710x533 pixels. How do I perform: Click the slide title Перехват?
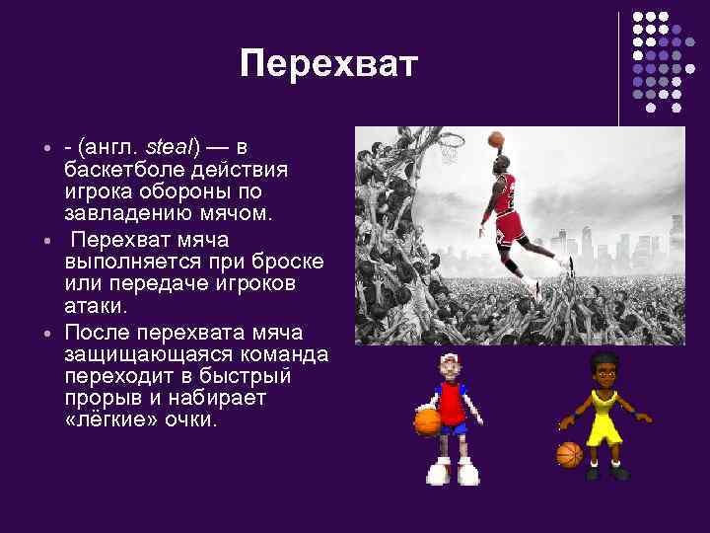tap(328, 65)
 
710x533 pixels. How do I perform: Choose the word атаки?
tap(96, 307)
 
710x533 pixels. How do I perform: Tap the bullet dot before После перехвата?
tap(46, 332)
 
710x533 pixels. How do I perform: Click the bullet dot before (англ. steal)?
tap(46, 148)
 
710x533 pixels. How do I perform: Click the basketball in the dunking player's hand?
tap(495, 139)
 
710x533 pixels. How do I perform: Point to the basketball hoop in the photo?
tap(451, 146)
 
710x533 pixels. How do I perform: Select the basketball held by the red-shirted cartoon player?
tap(427, 421)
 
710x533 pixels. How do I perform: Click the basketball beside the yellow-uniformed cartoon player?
tap(569, 454)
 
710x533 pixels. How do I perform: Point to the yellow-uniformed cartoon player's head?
tap(601, 370)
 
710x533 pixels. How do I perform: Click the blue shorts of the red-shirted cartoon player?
tap(454, 426)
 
